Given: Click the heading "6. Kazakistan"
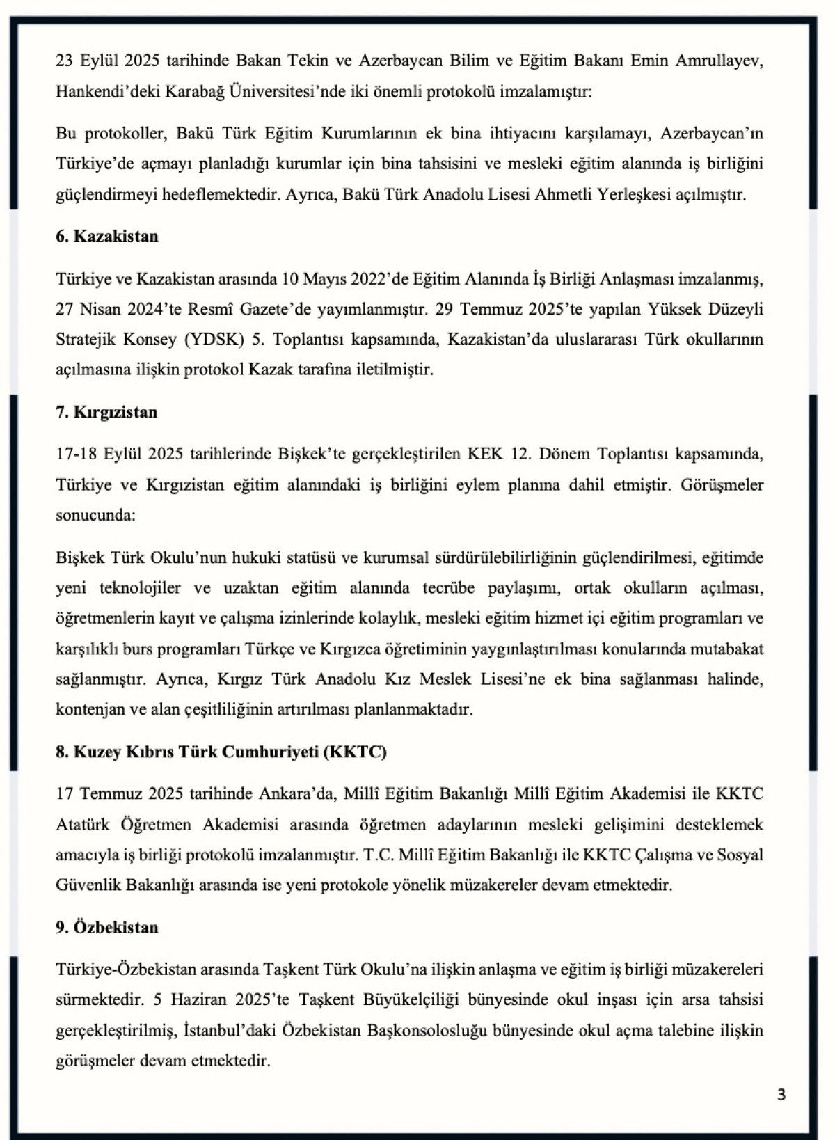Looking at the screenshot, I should tap(107, 237).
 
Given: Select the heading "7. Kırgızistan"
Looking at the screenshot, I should tap(106, 412).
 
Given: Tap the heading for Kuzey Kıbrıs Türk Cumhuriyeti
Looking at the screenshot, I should tap(221, 752).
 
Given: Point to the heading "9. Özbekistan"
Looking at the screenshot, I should tap(107, 928).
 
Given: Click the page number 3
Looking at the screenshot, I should tap(781, 1095).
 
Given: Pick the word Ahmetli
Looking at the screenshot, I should tap(564, 194).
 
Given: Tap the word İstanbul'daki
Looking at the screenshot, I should tap(230, 1031).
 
